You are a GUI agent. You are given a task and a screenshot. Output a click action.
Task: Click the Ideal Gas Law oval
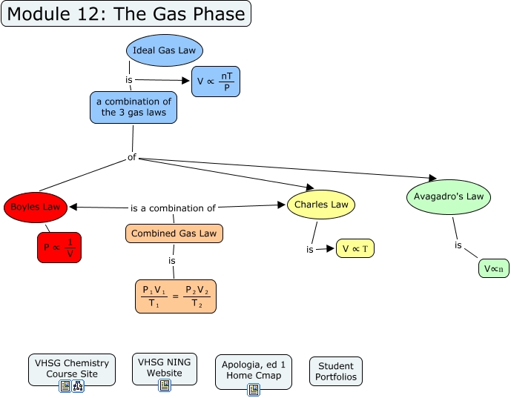[x=164, y=50]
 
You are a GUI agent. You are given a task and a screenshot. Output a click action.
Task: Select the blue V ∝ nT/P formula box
[x=215, y=82]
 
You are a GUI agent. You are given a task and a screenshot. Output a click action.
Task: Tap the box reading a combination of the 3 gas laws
[x=133, y=107]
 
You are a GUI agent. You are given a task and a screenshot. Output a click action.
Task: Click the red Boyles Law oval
[x=35, y=208]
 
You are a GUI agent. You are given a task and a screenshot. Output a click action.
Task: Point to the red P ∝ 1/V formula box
[x=59, y=248]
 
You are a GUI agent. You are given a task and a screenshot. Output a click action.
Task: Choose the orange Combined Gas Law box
[x=174, y=233]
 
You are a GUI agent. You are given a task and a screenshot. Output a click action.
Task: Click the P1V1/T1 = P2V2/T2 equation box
[x=176, y=296]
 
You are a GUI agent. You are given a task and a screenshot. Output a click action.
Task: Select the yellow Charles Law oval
[x=321, y=205]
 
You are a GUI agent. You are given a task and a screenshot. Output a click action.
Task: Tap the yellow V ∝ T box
[x=355, y=249]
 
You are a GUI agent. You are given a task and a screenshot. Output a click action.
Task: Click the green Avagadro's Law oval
[x=449, y=196]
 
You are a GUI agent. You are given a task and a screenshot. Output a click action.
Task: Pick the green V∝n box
[x=493, y=268]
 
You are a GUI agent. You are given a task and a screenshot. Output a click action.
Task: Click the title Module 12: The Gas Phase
[x=126, y=14]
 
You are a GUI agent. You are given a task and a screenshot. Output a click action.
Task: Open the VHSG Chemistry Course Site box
[x=72, y=368]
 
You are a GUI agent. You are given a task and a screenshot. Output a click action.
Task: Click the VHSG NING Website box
[x=165, y=367]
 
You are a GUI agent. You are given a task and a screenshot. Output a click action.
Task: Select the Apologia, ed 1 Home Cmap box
[x=254, y=370]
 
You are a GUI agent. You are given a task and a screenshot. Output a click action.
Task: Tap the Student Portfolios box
[x=336, y=371]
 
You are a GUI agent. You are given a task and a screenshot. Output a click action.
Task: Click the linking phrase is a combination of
[x=173, y=208]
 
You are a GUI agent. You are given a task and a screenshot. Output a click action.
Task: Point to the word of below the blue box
[x=132, y=157]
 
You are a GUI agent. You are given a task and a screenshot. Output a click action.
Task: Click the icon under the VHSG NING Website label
[x=165, y=385]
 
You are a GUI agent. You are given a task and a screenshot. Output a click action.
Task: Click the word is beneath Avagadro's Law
[x=458, y=245]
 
